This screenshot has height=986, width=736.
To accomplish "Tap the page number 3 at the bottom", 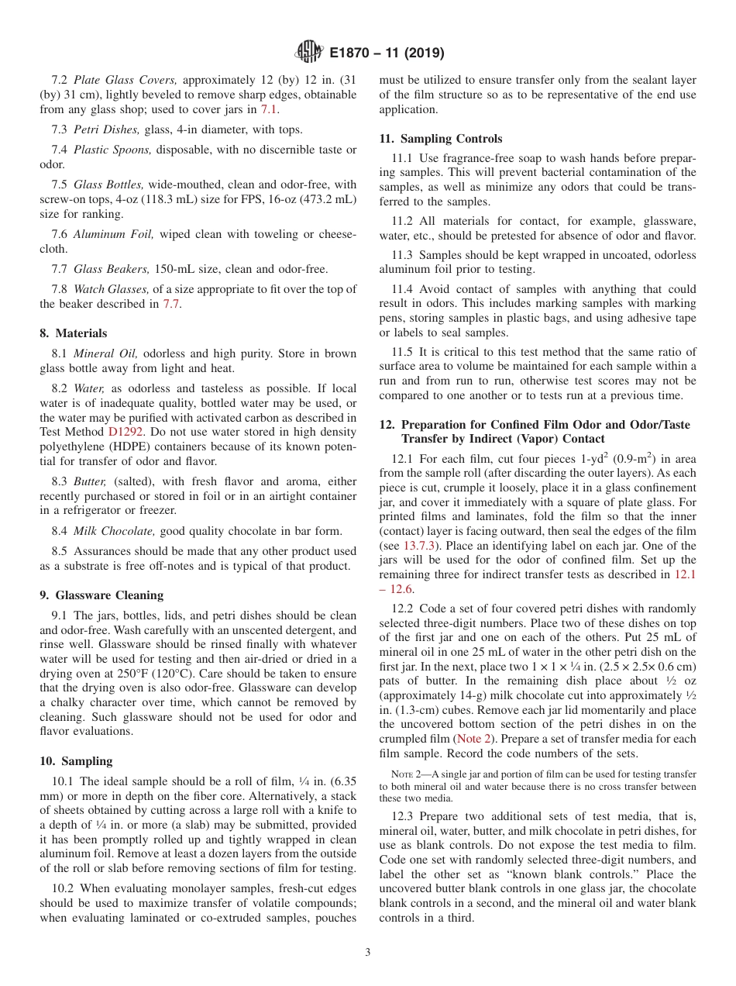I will point(368,952).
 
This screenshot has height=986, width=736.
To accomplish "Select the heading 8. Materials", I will point(74,333).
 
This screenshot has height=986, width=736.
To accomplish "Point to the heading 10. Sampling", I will point(76,761).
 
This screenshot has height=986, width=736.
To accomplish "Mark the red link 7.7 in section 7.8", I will point(171,304).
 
